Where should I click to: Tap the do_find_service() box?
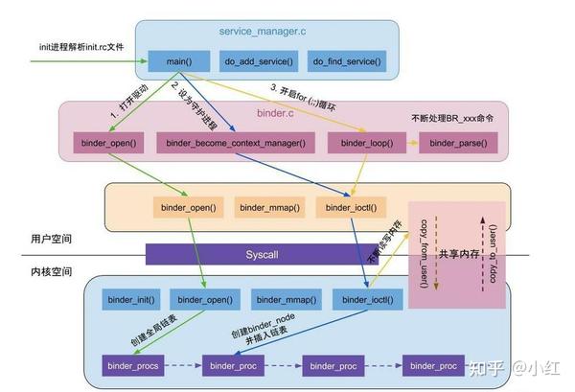[x=346, y=62]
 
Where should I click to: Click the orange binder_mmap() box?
[x=269, y=207]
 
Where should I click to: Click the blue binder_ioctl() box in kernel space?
[x=366, y=300]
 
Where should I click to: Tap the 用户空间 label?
[x=51, y=238]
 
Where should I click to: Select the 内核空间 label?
[x=51, y=273]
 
